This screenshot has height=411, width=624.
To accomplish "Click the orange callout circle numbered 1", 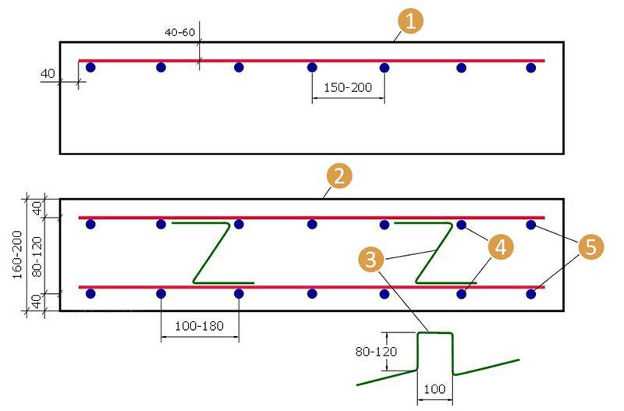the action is (410, 21).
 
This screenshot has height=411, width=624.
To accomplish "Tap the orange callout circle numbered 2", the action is (339, 175).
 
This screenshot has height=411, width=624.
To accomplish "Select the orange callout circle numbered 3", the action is (371, 260).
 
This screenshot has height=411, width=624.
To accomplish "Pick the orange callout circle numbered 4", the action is (501, 247).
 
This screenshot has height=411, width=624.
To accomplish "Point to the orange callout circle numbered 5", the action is (591, 246).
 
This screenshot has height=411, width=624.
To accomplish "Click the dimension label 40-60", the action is (180, 32).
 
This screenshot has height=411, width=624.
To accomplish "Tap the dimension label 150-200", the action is (347, 87).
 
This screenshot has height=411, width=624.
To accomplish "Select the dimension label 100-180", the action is (199, 326).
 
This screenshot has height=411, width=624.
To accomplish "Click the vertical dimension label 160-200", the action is (17, 255).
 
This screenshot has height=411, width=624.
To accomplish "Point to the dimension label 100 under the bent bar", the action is (434, 388).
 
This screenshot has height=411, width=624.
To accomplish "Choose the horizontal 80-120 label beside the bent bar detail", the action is (376, 352).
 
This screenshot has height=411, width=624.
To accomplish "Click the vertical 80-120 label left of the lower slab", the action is (36, 257).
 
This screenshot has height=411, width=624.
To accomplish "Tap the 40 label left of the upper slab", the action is (48, 73).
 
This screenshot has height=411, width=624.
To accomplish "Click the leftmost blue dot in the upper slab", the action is (90, 67).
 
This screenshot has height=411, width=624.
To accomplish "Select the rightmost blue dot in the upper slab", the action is (531, 68).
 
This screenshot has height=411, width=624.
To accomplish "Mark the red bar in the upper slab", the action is (311, 61).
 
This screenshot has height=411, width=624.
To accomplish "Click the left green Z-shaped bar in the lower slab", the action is (211, 253).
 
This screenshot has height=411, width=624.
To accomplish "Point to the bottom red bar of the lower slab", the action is (311, 287).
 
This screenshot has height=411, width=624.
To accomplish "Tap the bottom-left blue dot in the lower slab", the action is (90, 294).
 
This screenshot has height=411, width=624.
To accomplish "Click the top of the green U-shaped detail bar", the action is (435, 332).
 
